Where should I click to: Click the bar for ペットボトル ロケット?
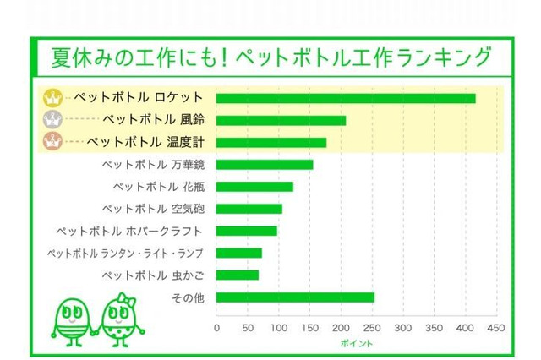(346, 98)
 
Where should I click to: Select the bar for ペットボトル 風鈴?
(281, 120)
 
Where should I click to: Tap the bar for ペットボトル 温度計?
(271, 142)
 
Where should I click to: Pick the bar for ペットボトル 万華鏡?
(265, 164)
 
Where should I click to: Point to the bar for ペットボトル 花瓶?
(254, 186)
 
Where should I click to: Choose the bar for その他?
(295, 297)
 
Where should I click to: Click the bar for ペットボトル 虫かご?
(238, 275)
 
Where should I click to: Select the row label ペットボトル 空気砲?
(150, 208)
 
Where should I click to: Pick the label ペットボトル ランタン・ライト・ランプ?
(125, 253)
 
